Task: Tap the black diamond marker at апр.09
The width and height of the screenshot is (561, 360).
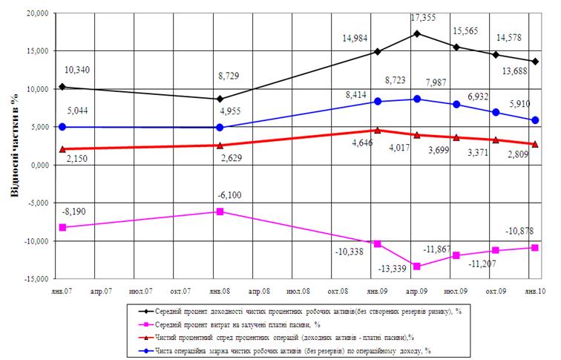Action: pos(418,33)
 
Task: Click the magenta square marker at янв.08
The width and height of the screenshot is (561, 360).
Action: pos(220,212)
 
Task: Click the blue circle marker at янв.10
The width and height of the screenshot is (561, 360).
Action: pos(536,120)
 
